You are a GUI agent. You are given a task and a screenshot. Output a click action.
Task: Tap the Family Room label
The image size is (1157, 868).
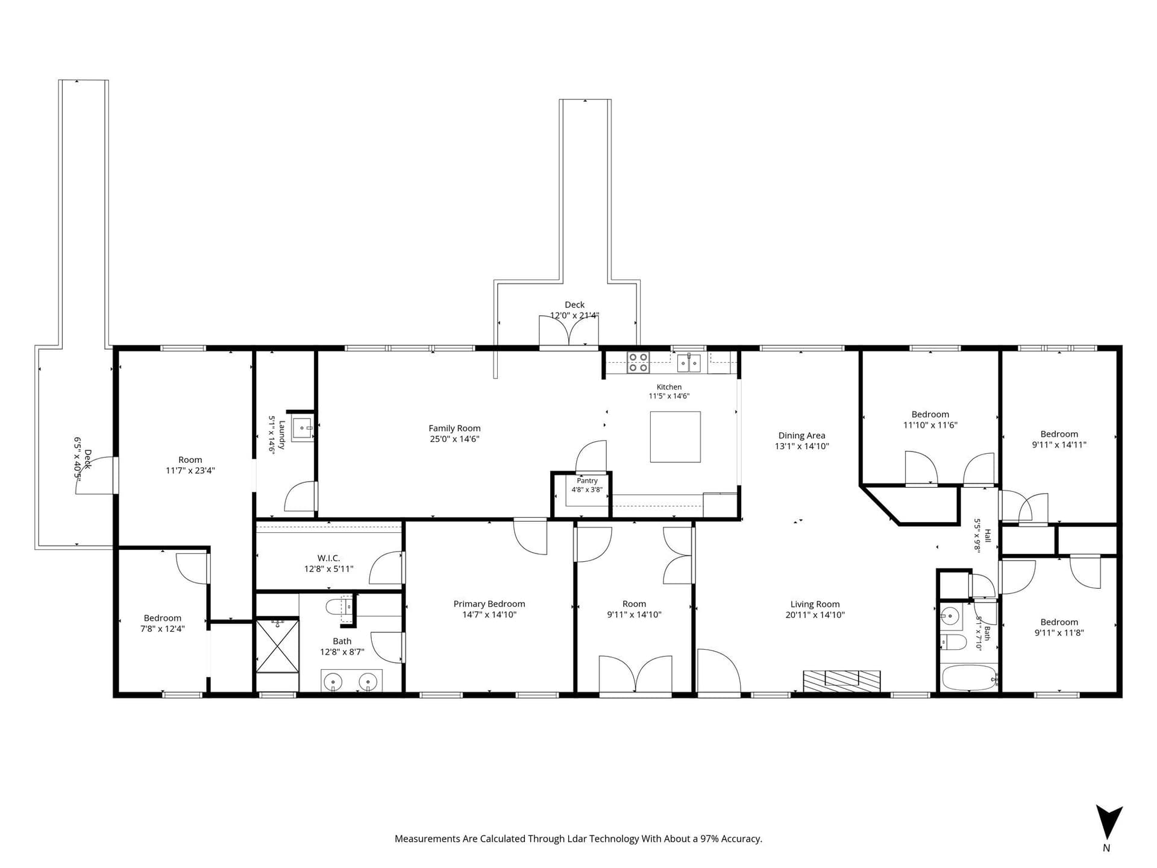[x=454, y=429]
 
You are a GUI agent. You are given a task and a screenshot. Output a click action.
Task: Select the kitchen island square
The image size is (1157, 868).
[x=675, y=437]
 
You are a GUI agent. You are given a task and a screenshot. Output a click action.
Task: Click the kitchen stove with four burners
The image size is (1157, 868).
[x=638, y=363]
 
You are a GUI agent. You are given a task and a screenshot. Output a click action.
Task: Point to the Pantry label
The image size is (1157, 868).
[x=587, y=481]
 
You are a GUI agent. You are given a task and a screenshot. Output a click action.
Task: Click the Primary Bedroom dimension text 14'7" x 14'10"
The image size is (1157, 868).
[x=489, y=615]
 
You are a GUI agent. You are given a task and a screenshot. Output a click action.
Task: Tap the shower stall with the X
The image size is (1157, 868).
[x=278, y=646]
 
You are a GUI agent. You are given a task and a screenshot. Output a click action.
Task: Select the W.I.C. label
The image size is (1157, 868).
[x=328, y=558]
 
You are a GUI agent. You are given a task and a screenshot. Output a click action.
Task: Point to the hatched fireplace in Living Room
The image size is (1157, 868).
[x=842, y=681]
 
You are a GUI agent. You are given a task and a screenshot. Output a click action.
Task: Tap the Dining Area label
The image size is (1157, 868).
[x=801, y=436]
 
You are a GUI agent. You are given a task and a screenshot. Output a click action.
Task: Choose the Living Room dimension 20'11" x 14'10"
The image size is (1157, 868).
[x=815, y=615]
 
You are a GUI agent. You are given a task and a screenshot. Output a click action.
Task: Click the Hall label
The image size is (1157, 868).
[x=988, y=535]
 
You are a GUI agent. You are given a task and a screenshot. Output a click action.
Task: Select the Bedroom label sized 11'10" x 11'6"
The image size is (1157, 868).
[x=930, y=415]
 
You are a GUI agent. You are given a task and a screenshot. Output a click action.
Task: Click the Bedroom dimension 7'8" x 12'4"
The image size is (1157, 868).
[x=162, y=629]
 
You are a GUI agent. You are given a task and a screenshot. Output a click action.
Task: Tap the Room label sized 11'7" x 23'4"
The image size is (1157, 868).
[x=190, y=460]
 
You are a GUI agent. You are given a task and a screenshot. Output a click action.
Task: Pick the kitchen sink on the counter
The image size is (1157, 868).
[x=689, y=363]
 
